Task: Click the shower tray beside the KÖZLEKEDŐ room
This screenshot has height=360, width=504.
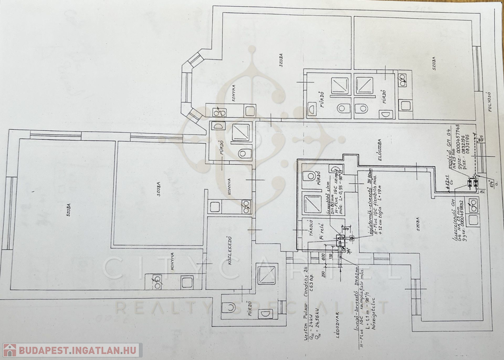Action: tap(268, 275)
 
